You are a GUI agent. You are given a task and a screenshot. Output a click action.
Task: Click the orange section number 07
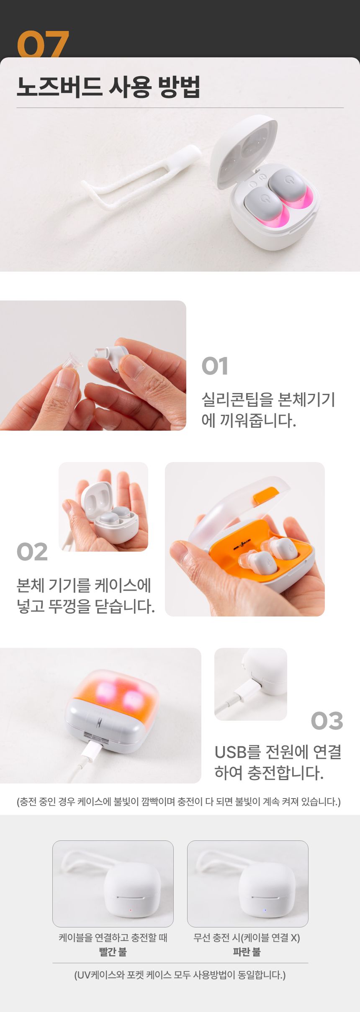point(43,44)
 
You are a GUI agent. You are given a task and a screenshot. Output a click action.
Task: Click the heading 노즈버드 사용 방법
point(108,87)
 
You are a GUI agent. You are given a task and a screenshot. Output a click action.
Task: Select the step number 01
point(215,366)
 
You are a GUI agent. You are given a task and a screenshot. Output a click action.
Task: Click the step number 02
point(32,552)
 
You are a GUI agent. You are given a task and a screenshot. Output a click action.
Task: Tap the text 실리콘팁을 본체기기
point(268,400)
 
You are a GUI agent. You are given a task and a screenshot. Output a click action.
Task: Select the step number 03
point(327,721)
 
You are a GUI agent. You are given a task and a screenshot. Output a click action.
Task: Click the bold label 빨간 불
point(113,952)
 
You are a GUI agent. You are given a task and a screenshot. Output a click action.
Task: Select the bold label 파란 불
point(247,952)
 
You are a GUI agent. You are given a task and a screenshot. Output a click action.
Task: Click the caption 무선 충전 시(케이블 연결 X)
point(247,938)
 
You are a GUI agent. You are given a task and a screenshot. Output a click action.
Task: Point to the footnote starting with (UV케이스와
point(180,975)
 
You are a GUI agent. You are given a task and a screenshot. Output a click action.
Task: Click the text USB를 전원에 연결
point(278,752)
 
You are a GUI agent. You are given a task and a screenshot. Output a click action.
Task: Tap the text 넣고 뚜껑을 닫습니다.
point(86,606)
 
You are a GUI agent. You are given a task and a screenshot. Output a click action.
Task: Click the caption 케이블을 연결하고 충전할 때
point(113,938)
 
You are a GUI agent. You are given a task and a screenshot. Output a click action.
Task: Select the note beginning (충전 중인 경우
point(179,801)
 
